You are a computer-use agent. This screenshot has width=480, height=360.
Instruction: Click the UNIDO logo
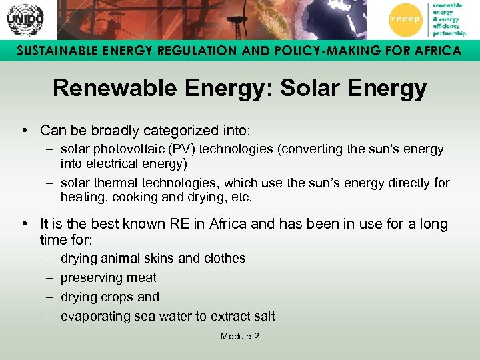[x=25, y=19]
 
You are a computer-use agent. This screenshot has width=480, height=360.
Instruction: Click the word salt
[x=263, y=316]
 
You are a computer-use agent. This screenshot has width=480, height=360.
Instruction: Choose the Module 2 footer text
[x=239, y=337]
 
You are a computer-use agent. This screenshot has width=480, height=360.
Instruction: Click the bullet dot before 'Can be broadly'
[x=23, y=130]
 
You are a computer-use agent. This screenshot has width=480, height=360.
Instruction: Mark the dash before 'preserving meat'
[x=50, y=277]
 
